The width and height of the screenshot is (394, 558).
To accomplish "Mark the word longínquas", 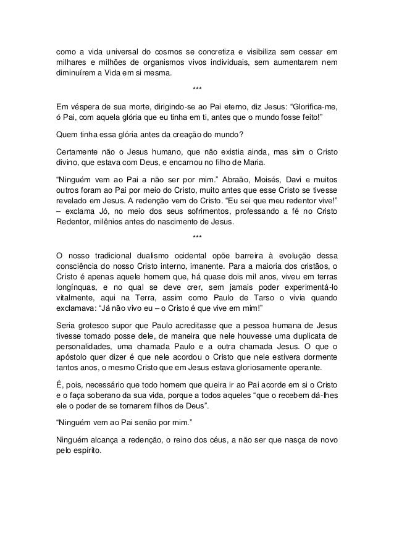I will [77, 289].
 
